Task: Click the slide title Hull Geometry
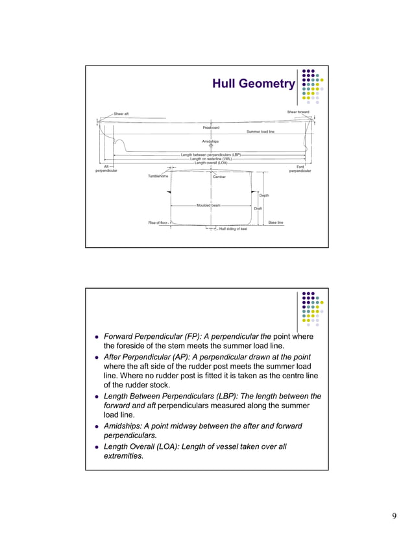[x=253, y=84]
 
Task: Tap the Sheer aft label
[x=121, y=114]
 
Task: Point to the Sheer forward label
[x=298, y=112]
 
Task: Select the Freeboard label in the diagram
[x=211, y=127]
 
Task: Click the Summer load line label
[x=260, y=132]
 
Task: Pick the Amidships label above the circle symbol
[x=211, y=141]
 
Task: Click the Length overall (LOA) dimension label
[x=211, y=163]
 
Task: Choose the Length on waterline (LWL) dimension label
[x=211, y=159]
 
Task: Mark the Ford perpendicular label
[x=300, y=169]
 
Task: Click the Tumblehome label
[x=158, y=176]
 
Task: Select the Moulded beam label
[x=208, y=205]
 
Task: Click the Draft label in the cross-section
[x=258, y=208]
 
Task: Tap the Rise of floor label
[x=158, y=223]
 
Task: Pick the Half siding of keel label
[x=233, y=229]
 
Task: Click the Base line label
[x=276, y=223]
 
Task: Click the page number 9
[x=394, y=516]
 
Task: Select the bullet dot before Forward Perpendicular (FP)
[x=97, y=337]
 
